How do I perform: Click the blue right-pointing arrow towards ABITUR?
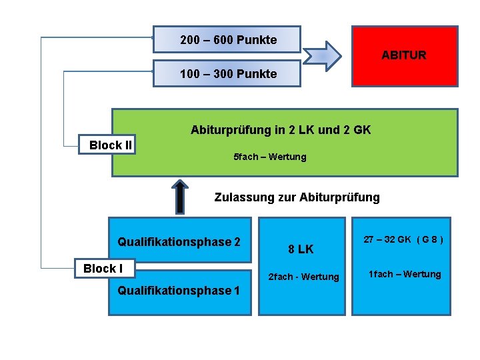(324, 56)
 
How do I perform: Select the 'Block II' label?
(111, 145)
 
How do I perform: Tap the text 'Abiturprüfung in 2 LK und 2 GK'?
(281, 129)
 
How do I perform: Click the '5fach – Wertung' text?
(269, 157)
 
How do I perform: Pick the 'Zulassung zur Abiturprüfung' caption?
(297, 197)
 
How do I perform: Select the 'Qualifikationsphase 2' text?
(179, 242)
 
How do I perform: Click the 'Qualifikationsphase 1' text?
(179, 290)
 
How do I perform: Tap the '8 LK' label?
(301, 249)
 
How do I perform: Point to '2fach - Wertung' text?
(303, 277)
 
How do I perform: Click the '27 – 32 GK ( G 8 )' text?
(403, 239)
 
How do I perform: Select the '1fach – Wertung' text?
(405, 274)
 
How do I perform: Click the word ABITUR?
(403, 55)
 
